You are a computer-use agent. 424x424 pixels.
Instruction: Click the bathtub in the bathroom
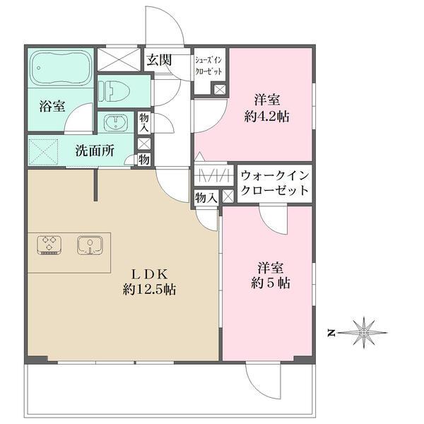click(x=61, y=67)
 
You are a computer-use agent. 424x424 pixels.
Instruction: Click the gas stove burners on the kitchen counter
click(x=49, y=245)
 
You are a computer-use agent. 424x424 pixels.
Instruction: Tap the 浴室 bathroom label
click(x=52, y=107)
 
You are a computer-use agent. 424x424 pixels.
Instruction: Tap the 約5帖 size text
click(x=272, y=283)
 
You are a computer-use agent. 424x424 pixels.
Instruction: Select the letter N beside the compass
click(x=331, y=331)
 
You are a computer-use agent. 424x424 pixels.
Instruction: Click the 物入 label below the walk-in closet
click(x=206, y=199)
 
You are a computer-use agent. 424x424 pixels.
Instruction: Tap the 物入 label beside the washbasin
click(x=144, y=122)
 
